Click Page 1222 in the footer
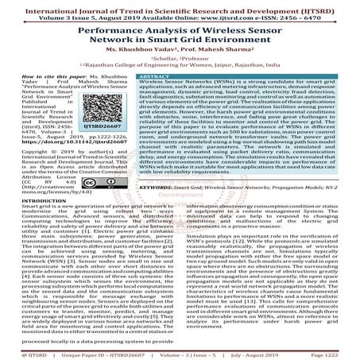[x=338, y=350]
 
